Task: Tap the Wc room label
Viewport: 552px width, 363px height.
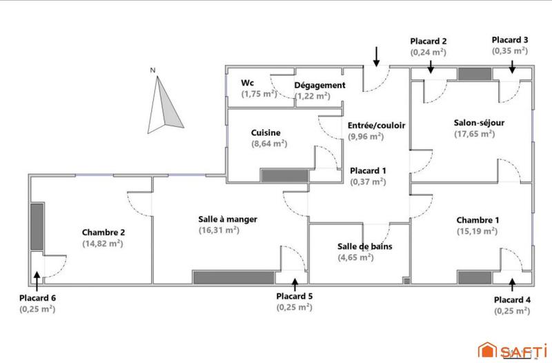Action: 247,83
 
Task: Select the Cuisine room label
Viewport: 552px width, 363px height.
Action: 266,132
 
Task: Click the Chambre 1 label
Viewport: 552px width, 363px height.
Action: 477,220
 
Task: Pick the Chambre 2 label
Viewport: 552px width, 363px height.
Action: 103,233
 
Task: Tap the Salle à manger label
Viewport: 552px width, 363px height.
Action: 218,219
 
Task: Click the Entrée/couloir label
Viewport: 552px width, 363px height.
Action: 376,126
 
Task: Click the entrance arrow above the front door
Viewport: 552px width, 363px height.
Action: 376,55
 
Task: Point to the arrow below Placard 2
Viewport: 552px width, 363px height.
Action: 430,66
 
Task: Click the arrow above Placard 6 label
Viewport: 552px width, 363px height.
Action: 37,277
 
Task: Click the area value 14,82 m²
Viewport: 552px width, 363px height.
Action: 103,244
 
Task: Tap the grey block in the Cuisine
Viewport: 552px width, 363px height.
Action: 284,176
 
